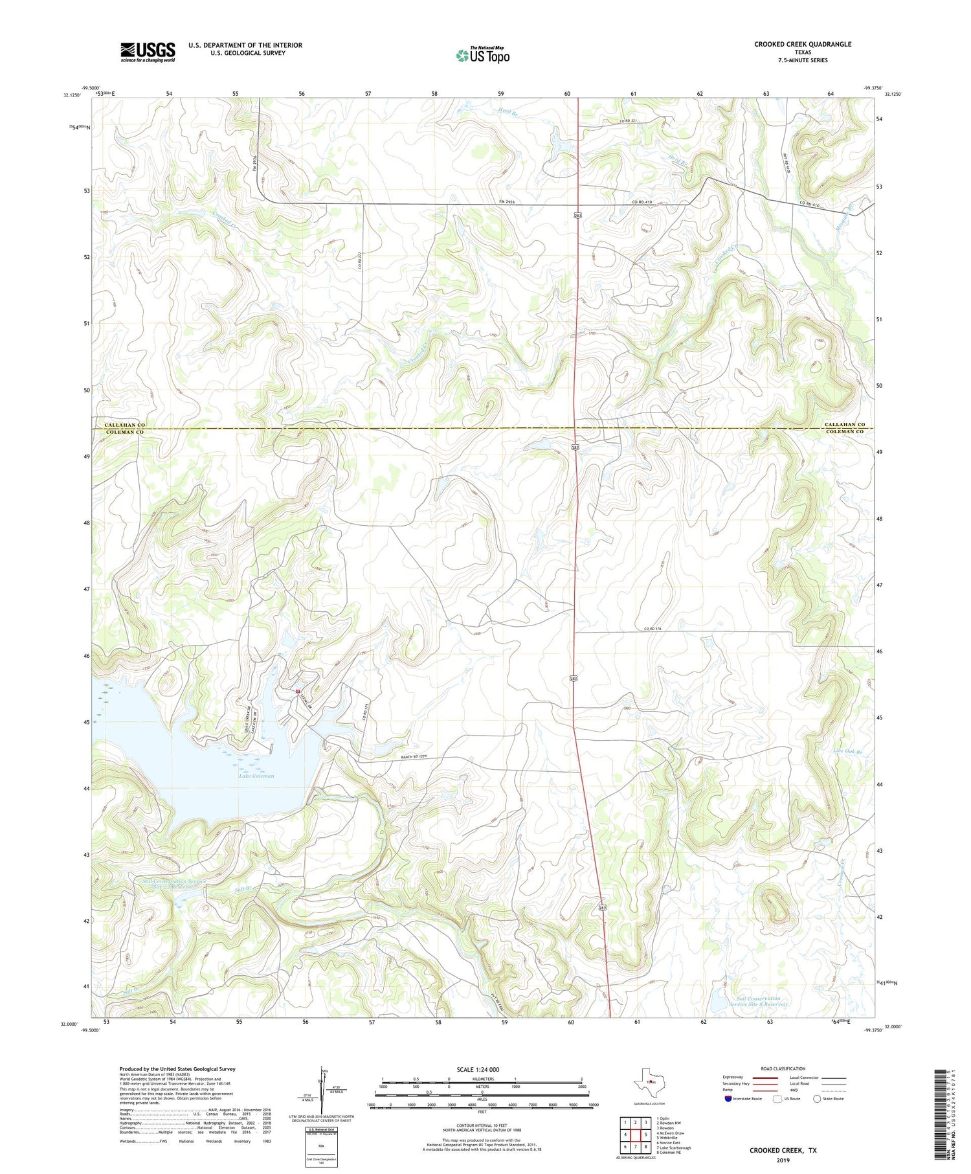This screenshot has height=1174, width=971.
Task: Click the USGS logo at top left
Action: [148, 52]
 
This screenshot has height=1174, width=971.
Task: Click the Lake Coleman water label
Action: [256, 775]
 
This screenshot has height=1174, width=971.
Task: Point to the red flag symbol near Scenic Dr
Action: [297, 692]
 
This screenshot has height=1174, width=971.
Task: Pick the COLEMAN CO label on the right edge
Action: [843, 432]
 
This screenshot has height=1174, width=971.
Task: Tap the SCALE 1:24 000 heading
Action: [482, 1069]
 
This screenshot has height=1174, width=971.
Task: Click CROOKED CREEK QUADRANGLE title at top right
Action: [802, 44]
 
